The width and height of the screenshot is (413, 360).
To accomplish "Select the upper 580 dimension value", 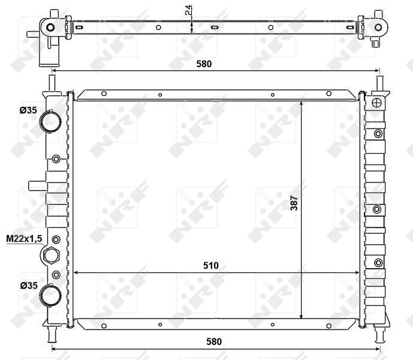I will pos(205,62).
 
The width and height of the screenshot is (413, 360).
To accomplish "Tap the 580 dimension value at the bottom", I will pos(215,341).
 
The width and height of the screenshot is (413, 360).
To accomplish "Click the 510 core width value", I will pos(210,265).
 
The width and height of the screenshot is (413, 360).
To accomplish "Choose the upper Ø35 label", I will pos(27,110).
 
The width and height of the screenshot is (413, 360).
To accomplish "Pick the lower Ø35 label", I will pos(27,286).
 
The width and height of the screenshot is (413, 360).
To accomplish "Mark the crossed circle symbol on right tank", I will pos(378,102).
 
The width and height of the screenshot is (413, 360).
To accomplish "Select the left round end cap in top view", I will pos(50,27).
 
